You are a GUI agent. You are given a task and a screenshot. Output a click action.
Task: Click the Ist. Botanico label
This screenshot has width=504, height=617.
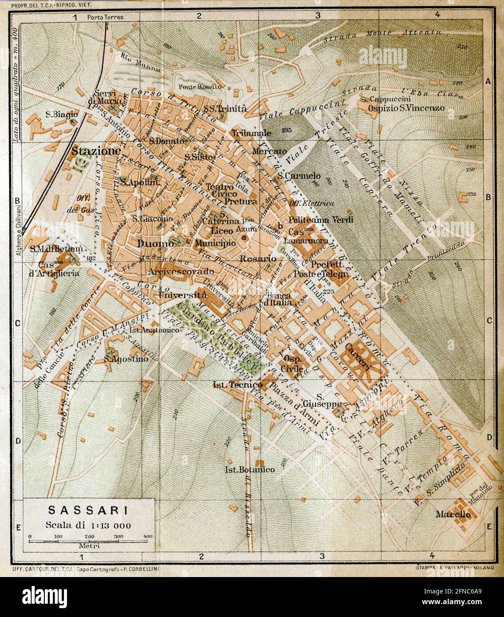[250, 469]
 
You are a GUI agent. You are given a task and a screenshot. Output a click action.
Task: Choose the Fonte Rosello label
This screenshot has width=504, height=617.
[200, 87]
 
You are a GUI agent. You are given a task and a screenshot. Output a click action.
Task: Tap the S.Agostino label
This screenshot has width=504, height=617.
[126, 359]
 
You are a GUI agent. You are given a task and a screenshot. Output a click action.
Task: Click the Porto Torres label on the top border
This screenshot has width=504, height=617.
[106, 17]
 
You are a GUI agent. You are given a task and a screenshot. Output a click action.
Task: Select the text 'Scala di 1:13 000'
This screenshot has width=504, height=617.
[88, 525]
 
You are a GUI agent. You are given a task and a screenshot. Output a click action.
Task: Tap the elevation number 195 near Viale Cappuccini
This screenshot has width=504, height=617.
[285, 130]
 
